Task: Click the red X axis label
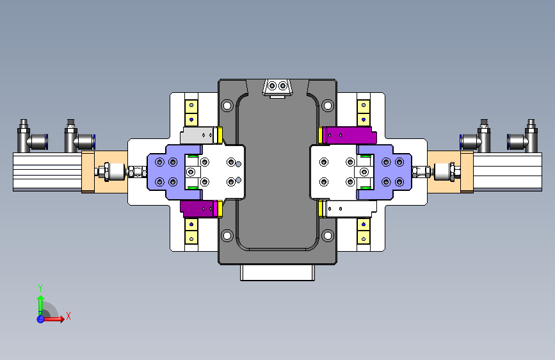[68, 316]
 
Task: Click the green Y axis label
[40, 288]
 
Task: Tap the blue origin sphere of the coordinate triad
[40, 319]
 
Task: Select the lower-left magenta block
[198, 209]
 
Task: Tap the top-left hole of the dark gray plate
[227, 106]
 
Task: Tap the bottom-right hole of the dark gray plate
[328, 235]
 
